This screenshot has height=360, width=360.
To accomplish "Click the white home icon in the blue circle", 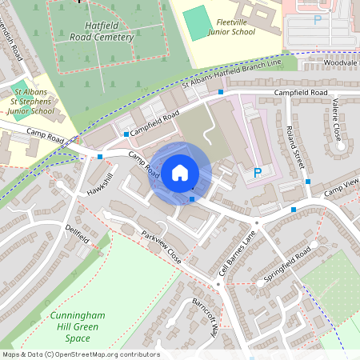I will coord(179,171).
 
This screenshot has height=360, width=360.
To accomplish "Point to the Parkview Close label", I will coord(162,249).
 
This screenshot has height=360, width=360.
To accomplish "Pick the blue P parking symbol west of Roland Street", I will coord(257,172).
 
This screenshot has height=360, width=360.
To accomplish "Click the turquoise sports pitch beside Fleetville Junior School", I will coord(197,23).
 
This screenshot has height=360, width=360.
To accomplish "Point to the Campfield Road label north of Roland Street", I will coord(300,93).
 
